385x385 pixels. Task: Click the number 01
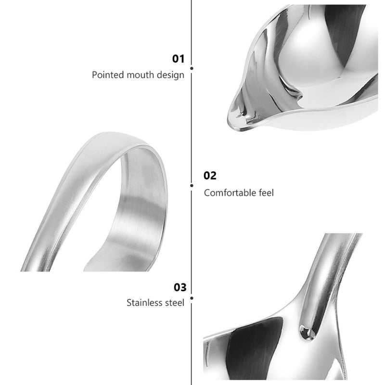pyautogui.click(x=178, y=59)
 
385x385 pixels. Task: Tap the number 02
pyautogui.click(x=210, y=176)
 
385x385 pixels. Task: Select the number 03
pyautogui.click(x=180, y=287)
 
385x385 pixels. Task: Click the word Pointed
pyautogui.click(x=108, y=75)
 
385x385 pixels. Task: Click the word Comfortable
pyautogui.click(x=230, y=193)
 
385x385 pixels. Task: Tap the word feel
pyautogui.click(x=267, y=193)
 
